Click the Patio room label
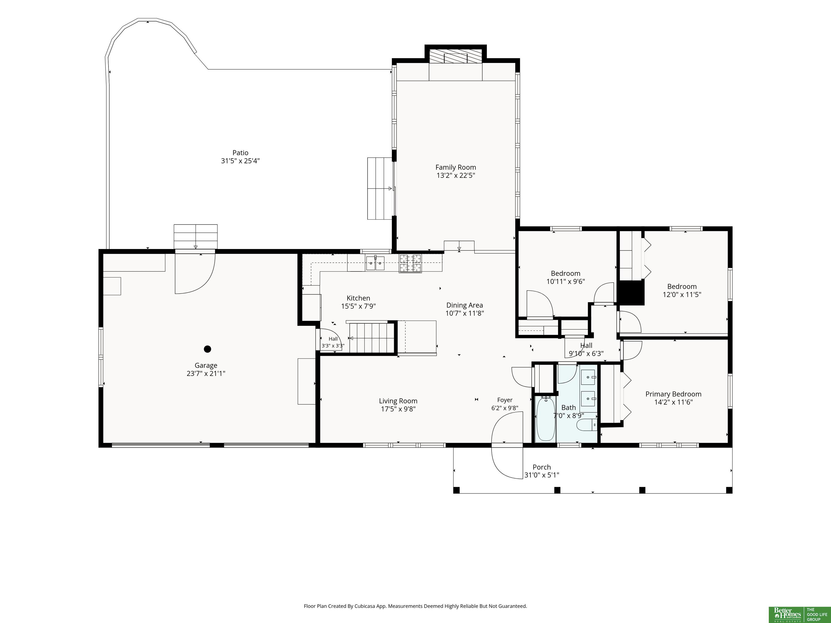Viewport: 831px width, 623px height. tap(240, 153)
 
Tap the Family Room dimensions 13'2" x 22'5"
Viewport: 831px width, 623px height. tap(456, 175)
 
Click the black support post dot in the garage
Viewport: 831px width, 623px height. tap(207, 349)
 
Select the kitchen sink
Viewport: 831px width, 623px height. tap(375, 263)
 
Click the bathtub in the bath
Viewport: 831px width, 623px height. tap(546, 419)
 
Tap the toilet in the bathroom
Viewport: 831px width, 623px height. tap(586, 425)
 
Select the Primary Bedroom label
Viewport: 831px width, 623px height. tap(674, 394)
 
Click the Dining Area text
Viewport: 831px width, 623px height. tap(465, 305)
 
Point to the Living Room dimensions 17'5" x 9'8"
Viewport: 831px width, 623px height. tap(398, 409)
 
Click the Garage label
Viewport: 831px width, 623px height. tap(206, 365)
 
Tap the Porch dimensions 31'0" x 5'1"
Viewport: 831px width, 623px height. tap(542, 475)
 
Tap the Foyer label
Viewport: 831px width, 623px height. tap(505, 400)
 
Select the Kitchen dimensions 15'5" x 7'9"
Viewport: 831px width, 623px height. tap(358, 306)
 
